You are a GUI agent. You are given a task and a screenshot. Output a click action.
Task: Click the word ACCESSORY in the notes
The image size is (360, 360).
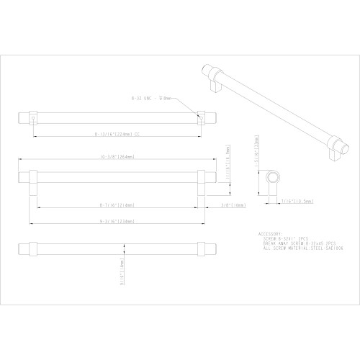pos(269,234)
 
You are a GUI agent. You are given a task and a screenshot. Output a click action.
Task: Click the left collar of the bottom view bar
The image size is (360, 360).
pos(32,249)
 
